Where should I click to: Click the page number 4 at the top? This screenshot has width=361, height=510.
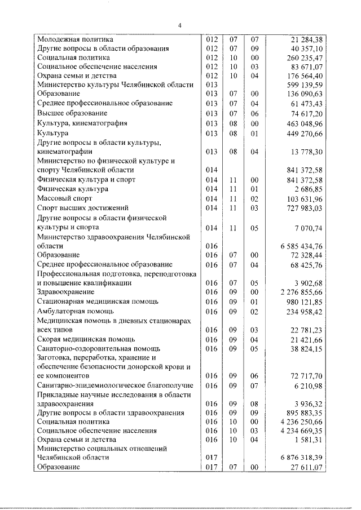tap(180, 25)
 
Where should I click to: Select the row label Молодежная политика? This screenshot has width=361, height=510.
tap(75, 40)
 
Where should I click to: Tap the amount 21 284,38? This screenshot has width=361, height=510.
tap(304, 40)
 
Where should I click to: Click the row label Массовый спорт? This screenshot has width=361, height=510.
tap(64, 198)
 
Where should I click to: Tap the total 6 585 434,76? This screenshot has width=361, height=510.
tap(300, 246)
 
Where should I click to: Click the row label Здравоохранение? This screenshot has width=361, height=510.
tap(65, 292)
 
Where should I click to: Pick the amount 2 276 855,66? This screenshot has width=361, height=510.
tap(300, 292)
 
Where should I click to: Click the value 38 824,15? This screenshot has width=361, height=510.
tap(304, 348)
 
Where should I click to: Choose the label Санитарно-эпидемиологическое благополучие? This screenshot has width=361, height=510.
tap(115, 385)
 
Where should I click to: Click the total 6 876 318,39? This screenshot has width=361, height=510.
tap(300, 458)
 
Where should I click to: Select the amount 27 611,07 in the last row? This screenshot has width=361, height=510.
tap(304, 467)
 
